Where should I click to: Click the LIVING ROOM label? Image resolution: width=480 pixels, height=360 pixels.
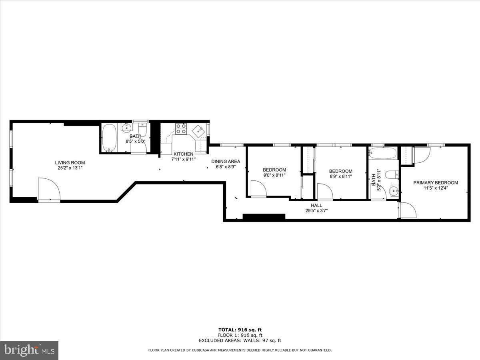(70, 162)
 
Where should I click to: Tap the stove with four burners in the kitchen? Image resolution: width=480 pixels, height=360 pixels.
(181, 128)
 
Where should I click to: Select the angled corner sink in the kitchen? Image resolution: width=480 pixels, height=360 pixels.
(198, 131)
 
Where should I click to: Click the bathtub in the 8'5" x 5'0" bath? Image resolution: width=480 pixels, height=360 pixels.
(109, 138)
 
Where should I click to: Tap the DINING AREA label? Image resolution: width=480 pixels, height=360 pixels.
(226, 161)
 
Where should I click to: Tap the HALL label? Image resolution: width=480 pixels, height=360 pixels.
(316, 205)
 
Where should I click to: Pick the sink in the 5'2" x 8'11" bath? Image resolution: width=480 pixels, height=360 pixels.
(394, 190)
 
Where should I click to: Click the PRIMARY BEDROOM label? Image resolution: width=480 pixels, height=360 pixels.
(436, 182)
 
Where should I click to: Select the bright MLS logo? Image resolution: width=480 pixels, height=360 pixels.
(29, 350)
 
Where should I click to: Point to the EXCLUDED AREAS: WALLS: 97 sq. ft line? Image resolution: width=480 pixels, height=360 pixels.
(240, 340)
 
